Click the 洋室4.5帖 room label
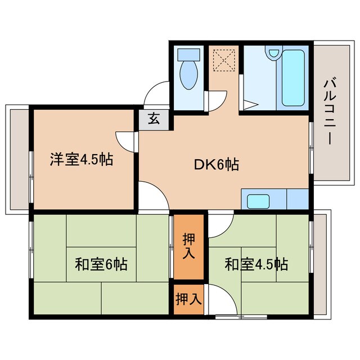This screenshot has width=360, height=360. [x=82, y=160]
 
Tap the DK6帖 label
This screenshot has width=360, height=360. [x=217, y=165]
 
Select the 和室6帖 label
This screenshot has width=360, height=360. [x=101, y=263]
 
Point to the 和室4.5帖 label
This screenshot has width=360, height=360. [x=256, y=263]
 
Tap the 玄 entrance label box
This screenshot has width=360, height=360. [x=153, y=119]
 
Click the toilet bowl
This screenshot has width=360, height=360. [x=188, y=76]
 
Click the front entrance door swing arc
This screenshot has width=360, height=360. [x=156, y=93]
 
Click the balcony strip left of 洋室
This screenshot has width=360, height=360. [x=18, y=160]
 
